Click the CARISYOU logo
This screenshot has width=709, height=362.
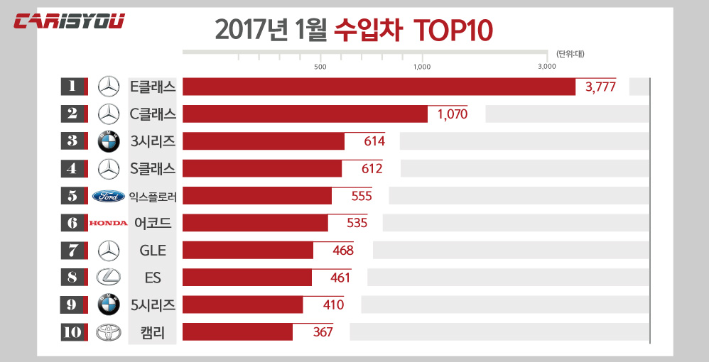(x=70, y=21)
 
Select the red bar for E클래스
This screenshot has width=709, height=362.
(x=379, y=87)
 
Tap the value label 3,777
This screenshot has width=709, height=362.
(x=600, y=87)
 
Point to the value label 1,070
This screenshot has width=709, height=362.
(x=453, y=114)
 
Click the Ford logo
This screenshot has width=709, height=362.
(x=109, y=196)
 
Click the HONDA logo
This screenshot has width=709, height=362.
(x=108, y=223)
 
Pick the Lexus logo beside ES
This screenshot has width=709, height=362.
(x=108, y=278)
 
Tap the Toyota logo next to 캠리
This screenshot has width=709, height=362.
(x=108, y=331)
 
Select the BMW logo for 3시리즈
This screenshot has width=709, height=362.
(x=108, y=141)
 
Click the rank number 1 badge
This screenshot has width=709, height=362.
(x=72, y=87)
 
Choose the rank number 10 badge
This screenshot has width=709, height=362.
(x=72, y=331)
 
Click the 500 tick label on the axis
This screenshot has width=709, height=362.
(x=320, y=67)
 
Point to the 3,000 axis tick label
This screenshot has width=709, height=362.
(x=546, y=67)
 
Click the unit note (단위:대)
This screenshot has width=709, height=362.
(x=569, y=54)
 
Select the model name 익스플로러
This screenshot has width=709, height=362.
(x=153, y=196)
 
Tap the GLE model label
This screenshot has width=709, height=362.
(x=153, y=250)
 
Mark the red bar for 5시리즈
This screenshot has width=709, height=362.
(x=242, y=305)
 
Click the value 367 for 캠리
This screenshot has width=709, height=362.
(x=323, y=331)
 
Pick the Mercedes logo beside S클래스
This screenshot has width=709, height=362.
(x=108, y=168)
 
